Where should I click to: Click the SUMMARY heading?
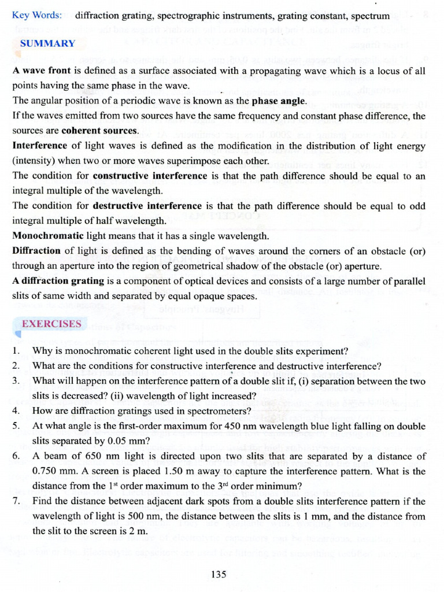pos(47,43)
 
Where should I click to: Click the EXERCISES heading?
pos(51,324)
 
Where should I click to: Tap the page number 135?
pos(219,574)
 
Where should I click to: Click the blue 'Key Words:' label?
pos(37,15)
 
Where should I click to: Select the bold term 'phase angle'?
pos(279,101)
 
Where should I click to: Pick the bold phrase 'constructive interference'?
pos(150,176)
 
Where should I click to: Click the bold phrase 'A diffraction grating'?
pos(58,281)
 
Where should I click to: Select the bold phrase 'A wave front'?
pos(41,71)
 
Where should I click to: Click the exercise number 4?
pos(16,411)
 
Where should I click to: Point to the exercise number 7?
pos(16,501)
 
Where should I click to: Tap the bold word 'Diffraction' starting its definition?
pos(36,251)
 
